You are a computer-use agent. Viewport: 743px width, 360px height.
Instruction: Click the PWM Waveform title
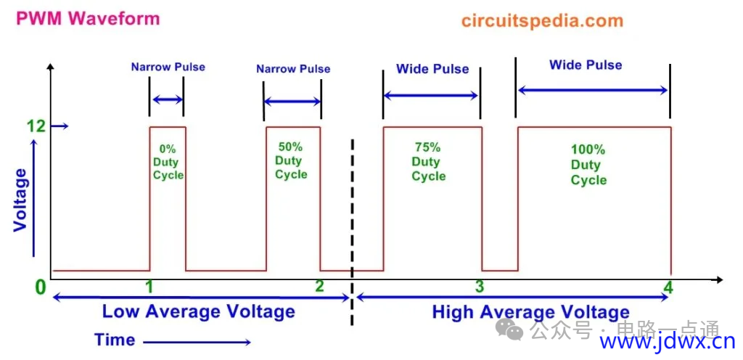coord(88,18)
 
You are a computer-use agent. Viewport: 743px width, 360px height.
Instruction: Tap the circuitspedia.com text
coord(541,21)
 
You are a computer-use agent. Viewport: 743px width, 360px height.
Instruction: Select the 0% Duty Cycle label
coord(168,162)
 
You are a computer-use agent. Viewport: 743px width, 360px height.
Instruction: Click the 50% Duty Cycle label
coord(291,160)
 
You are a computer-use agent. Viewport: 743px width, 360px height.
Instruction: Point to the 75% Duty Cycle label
coord(428,162)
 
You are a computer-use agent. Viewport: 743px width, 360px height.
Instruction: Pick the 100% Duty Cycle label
coord(588,165)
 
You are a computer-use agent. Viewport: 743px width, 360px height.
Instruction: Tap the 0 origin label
coord(41,287)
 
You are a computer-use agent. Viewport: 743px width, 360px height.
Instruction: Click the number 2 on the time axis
coord(319,286)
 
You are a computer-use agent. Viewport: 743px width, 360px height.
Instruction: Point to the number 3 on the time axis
coord(480,286)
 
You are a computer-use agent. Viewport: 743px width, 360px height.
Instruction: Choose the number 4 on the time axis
coord(668,287)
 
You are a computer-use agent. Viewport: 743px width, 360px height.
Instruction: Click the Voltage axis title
coord(20,200)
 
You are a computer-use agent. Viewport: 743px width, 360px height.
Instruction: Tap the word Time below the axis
coord(114,340)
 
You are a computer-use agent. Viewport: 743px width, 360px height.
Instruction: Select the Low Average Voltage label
coord(199,311)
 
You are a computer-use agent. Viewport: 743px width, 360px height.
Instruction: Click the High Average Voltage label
coord(530,313)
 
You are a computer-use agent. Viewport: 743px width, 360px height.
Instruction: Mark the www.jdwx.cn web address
coord(668,342)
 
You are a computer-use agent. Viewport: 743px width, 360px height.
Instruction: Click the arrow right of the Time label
coord(197,342)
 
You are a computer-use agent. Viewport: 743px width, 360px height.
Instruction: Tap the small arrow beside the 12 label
coord(59,126)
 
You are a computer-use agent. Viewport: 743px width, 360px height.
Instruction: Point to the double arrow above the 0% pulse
coord(167,99)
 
